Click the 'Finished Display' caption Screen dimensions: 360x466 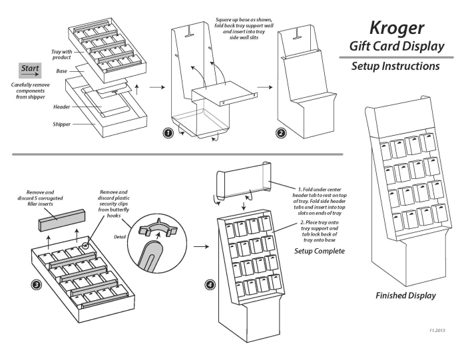[x=405, y=295]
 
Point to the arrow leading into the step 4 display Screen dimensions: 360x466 [x=198, y=246]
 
